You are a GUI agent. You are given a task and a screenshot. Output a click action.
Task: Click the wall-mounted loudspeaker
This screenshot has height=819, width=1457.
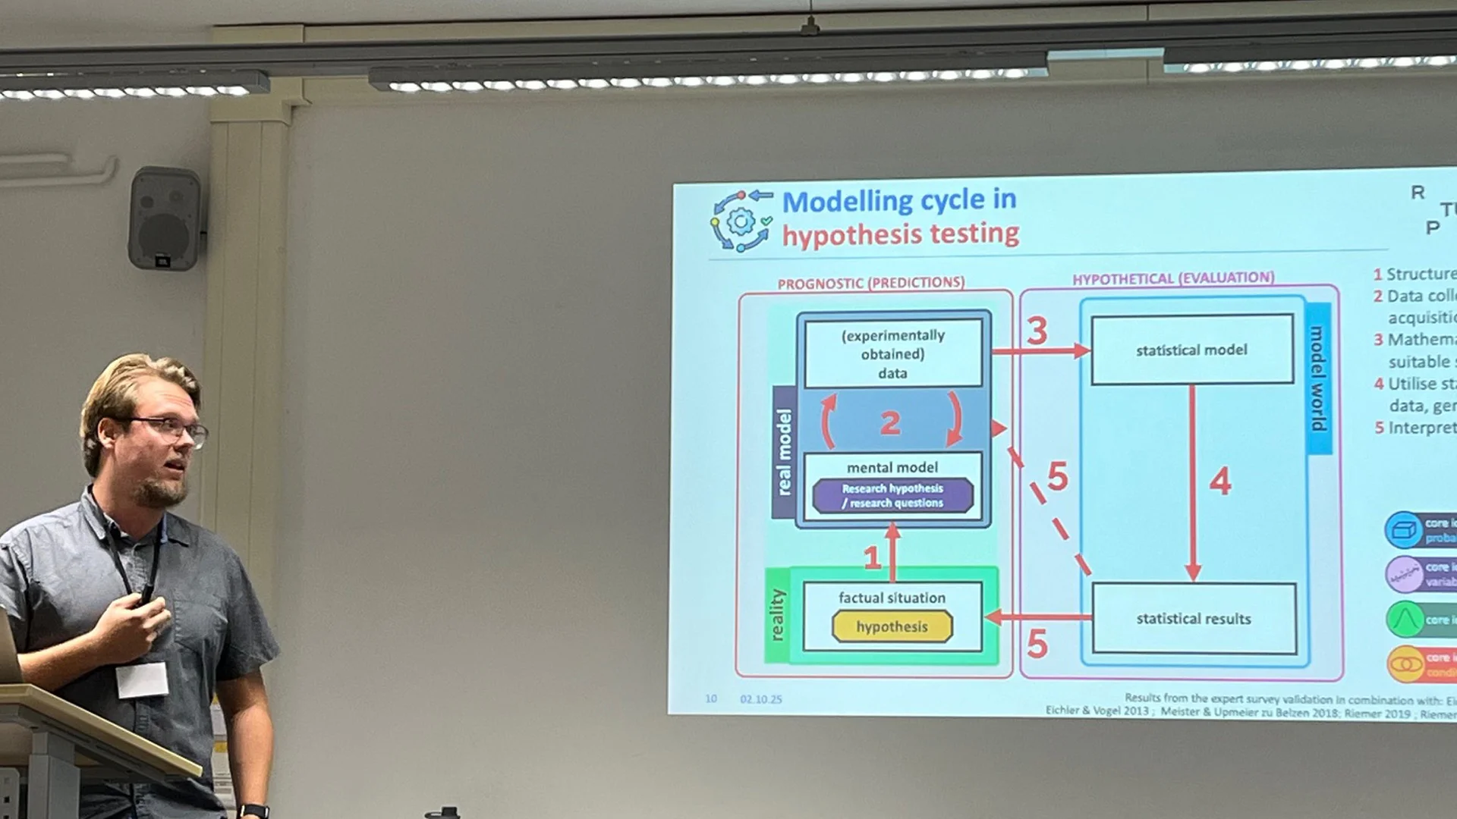click(165, 218)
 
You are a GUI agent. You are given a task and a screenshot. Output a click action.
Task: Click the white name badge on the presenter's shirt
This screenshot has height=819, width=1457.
click(142, 679)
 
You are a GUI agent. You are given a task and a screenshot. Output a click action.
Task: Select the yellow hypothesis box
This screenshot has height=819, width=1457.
click(892, 627)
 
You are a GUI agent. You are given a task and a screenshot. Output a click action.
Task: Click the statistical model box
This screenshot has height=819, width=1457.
click(1191, 350)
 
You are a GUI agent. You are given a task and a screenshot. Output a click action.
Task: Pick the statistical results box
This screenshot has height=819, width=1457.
click(1194, 619)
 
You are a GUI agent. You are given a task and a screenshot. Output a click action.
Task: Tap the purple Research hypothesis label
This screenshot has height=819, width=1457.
click(892, 496)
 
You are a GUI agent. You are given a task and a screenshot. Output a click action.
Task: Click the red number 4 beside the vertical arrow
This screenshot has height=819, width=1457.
click(1219, 482)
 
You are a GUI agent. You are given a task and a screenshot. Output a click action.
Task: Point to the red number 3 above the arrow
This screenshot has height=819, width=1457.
click(1037, 331)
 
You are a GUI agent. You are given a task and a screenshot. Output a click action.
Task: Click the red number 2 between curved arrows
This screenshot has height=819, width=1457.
click(890, 423)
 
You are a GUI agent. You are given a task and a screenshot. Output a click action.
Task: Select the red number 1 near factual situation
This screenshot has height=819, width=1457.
click(872, 559)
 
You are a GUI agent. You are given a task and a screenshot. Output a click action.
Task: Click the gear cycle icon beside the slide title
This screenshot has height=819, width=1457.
click(741, 221)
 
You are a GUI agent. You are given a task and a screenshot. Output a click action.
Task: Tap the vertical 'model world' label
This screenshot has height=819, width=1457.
click(1318, 378)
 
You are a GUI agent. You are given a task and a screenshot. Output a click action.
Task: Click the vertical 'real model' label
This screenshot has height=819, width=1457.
click(784, 452)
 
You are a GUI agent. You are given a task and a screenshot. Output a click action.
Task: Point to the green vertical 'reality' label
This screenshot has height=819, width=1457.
click(777, 615)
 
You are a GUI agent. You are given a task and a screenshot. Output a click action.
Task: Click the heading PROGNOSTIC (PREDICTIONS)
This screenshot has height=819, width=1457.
click(870, 283)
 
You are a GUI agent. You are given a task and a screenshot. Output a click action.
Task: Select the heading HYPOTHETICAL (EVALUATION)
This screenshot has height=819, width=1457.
click(1172, 278)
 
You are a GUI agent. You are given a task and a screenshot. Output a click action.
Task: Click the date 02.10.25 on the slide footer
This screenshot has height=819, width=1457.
click(760, 699)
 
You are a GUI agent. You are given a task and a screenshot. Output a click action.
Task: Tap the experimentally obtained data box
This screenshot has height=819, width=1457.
click(892, 354)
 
